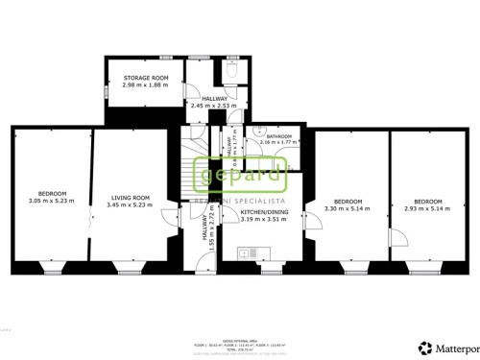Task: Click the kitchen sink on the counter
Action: click(247, 252)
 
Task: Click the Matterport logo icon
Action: click(423, 347)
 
